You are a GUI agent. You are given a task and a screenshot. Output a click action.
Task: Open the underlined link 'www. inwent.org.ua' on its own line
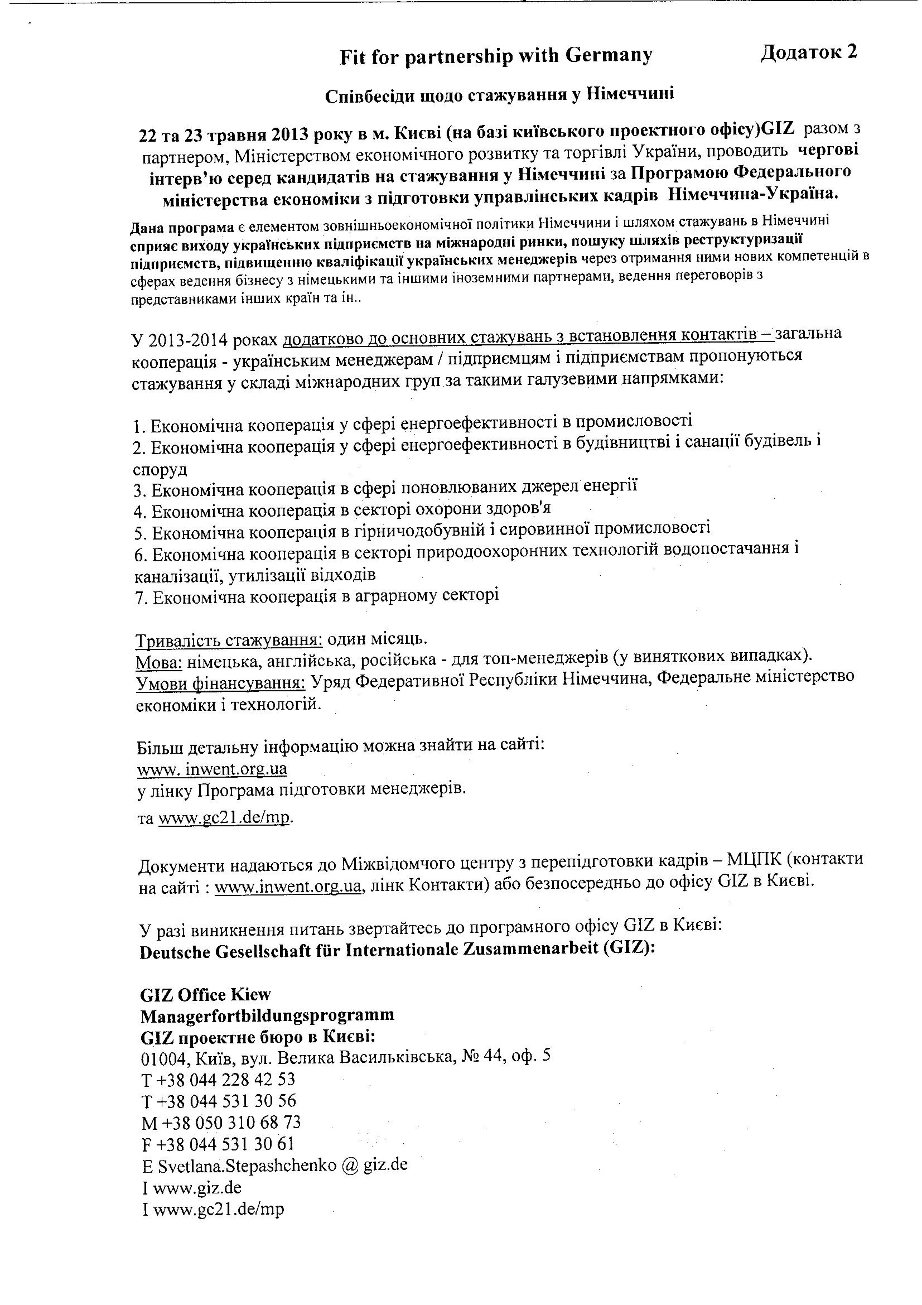click(x=212, y=769)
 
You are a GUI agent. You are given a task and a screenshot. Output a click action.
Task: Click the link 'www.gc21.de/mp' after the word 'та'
click(x=225, y=818)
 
